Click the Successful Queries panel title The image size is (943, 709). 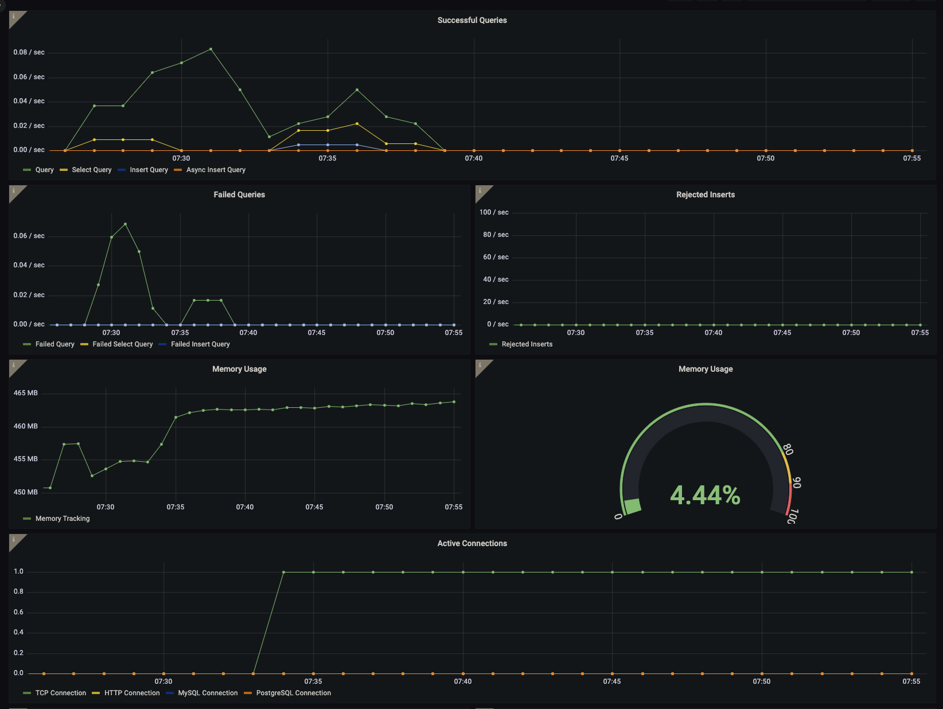tap(472, 20)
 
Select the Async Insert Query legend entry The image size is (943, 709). tap(215, 170)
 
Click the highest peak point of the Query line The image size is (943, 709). tap(211, 49)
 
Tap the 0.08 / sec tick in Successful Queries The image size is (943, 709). tap(29, 52)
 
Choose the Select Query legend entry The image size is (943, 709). tap(91, 170)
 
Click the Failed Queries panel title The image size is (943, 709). tap(239, 194)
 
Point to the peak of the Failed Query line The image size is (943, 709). tap(125, 224)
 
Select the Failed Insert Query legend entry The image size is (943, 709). tap(200, 344)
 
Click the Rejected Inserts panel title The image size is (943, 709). tap(705, 194)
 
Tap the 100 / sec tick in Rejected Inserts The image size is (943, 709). tap(494, 212)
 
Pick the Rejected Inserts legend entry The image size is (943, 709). tap(527, 344)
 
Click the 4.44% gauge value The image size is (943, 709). tap(705, 495)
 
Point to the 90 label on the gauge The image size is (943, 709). tap(797, 483)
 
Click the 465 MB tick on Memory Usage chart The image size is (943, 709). tap(25, 393)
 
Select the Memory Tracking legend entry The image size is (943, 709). tap(62, 519)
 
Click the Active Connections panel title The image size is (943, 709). tap(472, 543)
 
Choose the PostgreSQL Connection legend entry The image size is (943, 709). tap(293, 693)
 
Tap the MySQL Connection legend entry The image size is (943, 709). tap(207, 693)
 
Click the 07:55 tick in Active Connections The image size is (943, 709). tap(911, 681)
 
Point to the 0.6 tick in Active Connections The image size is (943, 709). tap(18, 612)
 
